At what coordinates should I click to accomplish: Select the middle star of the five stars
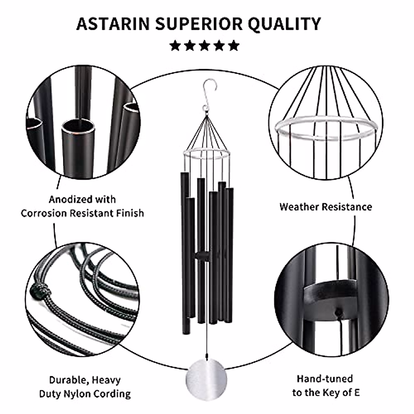pyautogui.click(x=205, y=45)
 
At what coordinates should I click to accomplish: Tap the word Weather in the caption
pyautogui.click(x=299, y=207)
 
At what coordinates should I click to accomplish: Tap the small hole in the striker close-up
pyautogui.click(x=339, y=313)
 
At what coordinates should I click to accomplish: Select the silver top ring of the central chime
pyautogui.click(x=206, y=155)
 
